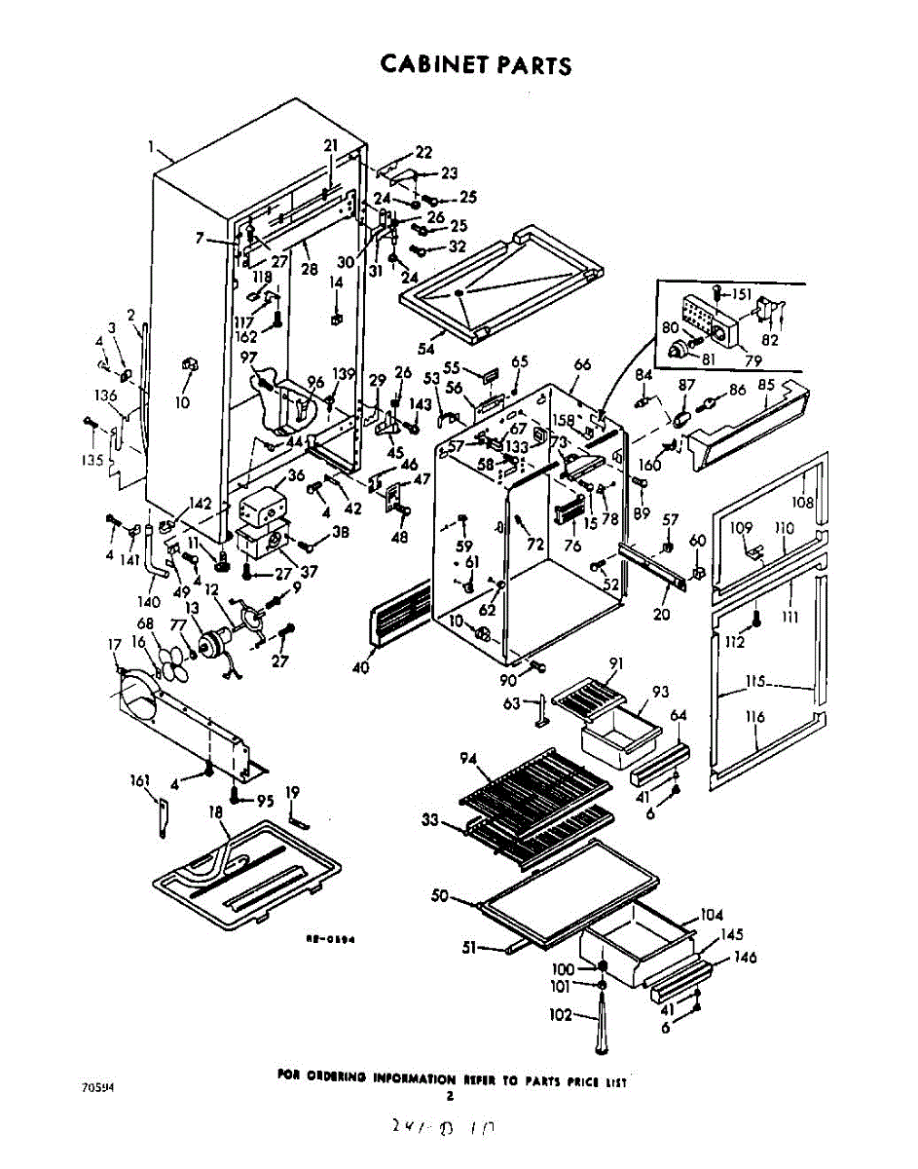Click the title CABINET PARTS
[x=475, y=65]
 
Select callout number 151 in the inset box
[x=742, y=293]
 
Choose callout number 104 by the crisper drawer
[x=712, y=915]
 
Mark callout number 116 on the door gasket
[x=755, y=718]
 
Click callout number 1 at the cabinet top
[x=153, y=148]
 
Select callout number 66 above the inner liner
[x=582, y=364]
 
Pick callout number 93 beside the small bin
[x=660, y=692]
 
